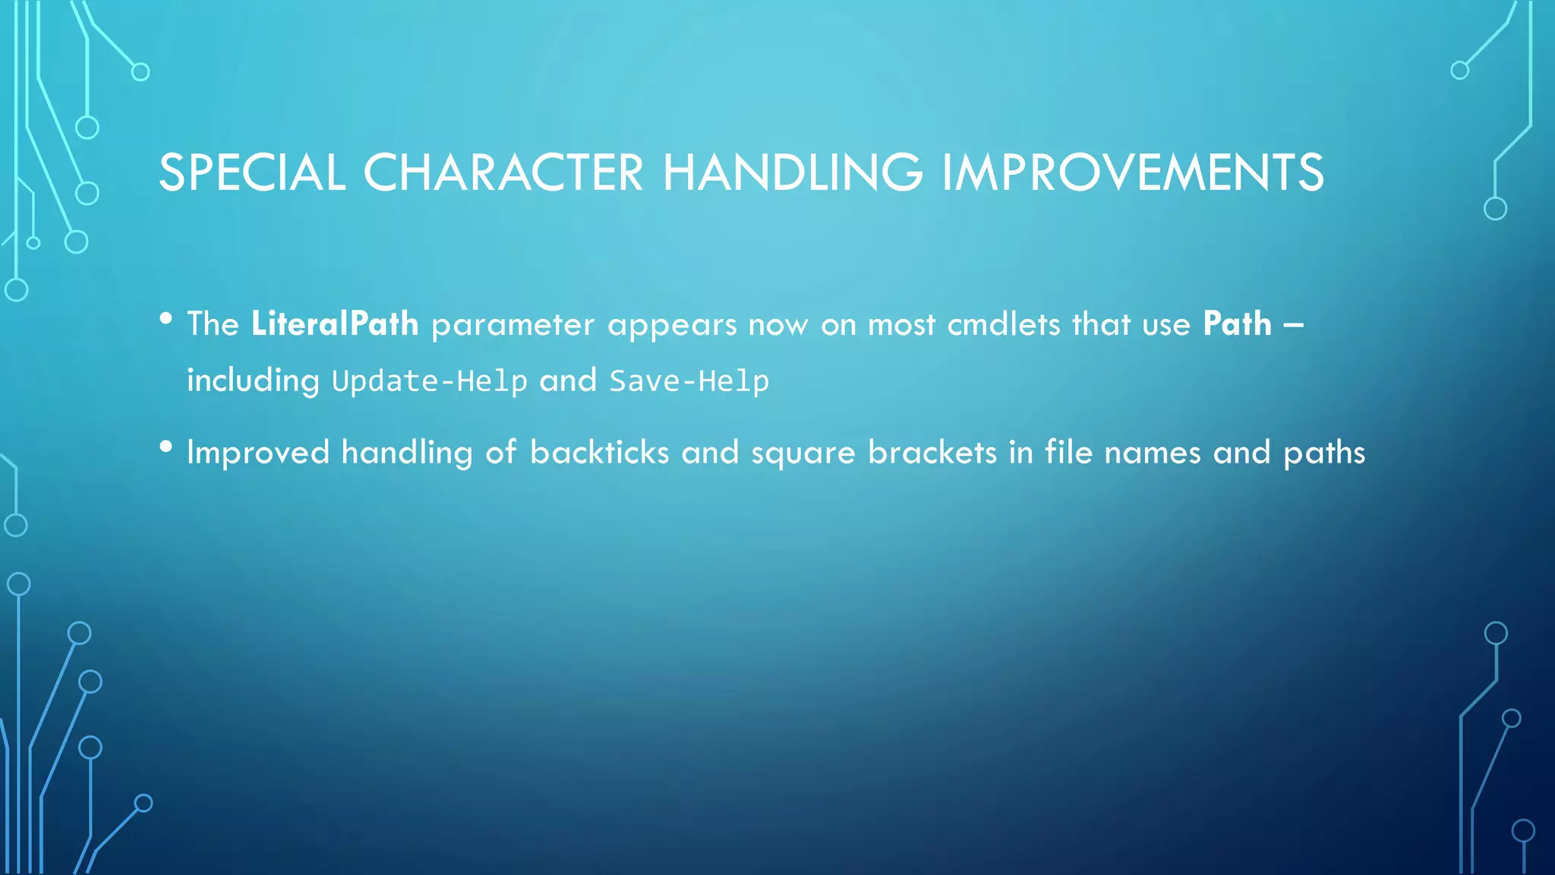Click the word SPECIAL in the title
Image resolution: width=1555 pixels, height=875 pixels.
point(251,172)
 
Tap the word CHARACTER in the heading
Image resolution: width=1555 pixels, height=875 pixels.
point(503,172)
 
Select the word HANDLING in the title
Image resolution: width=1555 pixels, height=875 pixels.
point(793,172)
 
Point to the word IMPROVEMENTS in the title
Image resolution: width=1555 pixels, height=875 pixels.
point(1133,172)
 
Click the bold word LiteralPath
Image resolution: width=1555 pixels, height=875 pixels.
point(335,324)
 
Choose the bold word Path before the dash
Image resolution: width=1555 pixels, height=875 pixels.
point(1237,324)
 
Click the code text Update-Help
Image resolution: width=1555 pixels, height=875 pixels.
point(430,381)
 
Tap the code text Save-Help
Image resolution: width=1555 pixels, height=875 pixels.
point(689,381)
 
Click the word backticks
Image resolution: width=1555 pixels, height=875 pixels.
point(599,453)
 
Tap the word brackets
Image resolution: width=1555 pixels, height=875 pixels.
point(932,453)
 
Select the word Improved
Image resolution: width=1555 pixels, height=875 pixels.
point(258,453)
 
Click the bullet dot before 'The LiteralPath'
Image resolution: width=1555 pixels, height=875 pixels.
point(166,319)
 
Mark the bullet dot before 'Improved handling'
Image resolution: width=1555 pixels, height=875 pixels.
point(166,447)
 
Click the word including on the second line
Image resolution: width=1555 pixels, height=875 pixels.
point(254,381)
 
